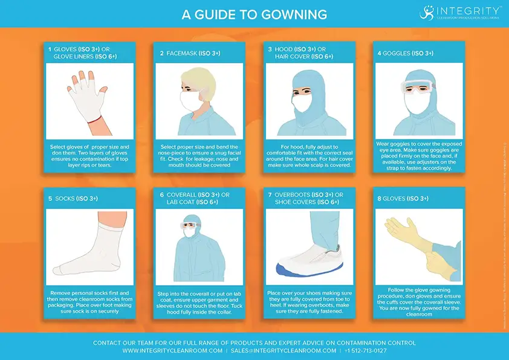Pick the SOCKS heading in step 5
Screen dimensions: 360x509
coord(63,198)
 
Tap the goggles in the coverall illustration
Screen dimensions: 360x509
coord(189,225)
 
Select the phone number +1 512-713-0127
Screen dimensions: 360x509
coord(365,350)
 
